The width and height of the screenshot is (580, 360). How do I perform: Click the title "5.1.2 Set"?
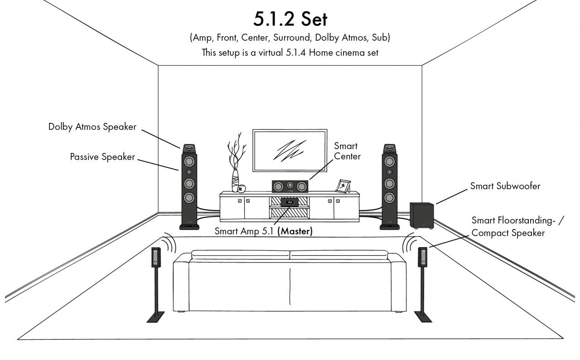[x=290, y=19]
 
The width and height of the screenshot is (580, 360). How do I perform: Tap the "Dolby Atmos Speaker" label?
[x=92, y=127]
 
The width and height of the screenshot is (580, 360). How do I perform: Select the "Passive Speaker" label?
[x=102, y=157]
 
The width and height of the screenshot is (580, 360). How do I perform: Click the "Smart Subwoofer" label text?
[x=505, y=186]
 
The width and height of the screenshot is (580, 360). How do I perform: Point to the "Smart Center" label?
[x=347, y=151]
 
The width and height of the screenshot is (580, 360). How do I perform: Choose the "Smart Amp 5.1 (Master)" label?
[x=264, y=231]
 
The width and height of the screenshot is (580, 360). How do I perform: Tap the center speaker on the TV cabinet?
[x=290, y=185]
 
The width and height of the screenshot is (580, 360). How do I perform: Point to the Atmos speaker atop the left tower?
[x=189, y=149]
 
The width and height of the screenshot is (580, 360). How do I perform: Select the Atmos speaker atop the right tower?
[x=389, y=149]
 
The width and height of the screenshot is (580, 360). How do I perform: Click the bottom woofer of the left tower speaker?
[x=189, y=197]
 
